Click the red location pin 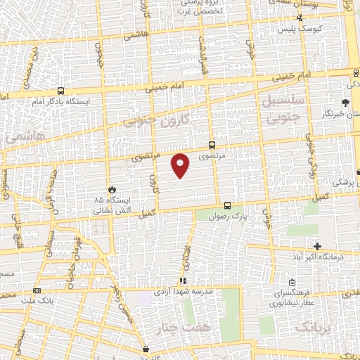point(181,165)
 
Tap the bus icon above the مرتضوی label point(213,146)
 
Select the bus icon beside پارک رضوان point(227,205)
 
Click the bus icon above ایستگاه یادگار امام point(61,91)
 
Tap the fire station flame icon point(111,189)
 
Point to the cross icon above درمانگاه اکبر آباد point(317,246)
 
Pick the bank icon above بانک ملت point(37,290)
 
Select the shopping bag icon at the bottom point(146,349)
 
